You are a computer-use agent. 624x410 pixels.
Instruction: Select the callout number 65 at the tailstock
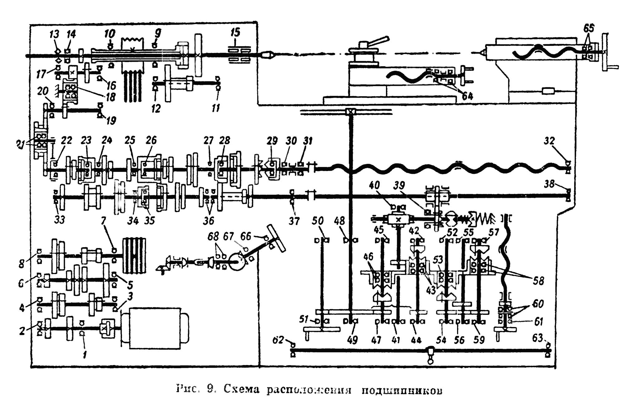click(x=589, y=28)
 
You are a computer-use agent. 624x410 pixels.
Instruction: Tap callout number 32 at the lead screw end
click(x=549, y=141)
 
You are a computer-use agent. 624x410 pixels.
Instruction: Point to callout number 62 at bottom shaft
click(x=278, y=340)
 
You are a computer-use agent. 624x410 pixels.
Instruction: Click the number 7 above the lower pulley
click(x=103, y=221)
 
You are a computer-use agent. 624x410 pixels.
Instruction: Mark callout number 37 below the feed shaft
click(x=294, y=221)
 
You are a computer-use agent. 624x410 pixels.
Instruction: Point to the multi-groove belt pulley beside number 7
click(x=134, y=256)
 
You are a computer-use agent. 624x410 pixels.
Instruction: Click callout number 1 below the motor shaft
click(x=85, y=354)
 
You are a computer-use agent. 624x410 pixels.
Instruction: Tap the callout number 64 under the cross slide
click(x=467, y=96)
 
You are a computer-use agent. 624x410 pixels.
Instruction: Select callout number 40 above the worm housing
click(x=374, y=185)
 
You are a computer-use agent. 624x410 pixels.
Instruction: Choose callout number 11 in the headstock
click(x=216, y=108)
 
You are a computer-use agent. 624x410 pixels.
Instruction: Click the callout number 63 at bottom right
click(x=538, y=338)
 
